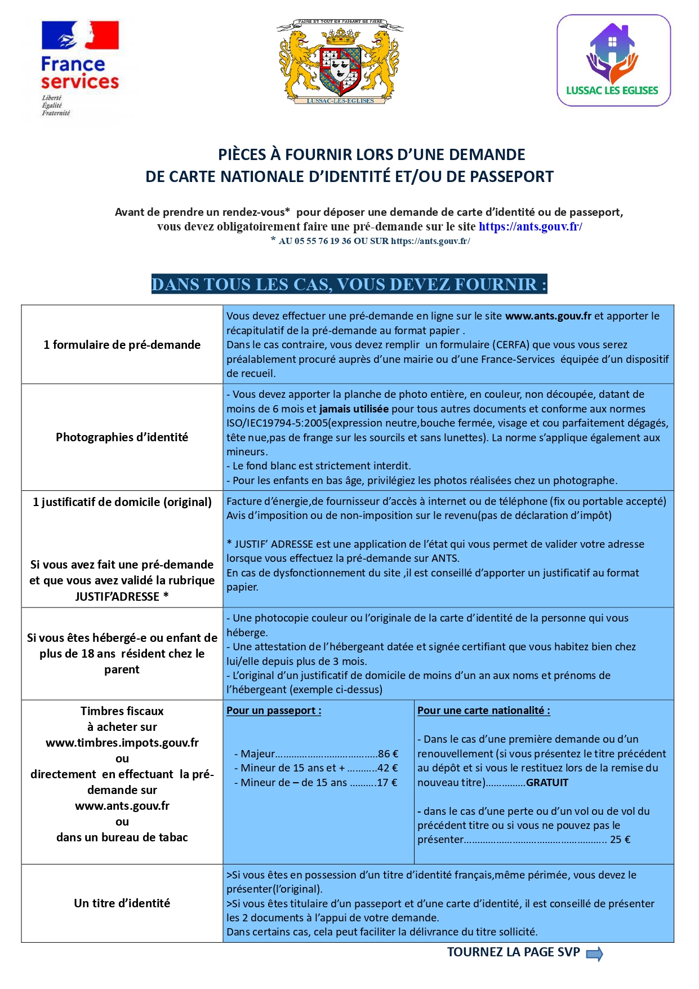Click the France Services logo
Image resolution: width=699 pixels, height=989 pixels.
tap(79, 68)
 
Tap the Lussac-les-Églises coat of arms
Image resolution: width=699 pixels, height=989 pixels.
tap(340, 62)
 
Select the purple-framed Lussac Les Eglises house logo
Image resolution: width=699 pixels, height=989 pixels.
tap(613, 60)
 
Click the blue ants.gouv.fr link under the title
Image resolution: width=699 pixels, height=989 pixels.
tap(530, 227)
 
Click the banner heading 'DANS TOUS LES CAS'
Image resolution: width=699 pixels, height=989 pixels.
tap(349, 284)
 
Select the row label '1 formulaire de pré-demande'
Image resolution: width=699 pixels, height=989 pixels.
tap(122, 345)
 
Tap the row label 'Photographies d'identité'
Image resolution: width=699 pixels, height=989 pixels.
tap(122, 437)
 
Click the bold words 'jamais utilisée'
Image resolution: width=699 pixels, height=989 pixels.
tap(354, 409)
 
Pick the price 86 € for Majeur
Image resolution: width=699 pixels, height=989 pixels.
tap(388, 754)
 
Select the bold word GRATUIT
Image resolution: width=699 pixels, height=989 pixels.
tap(547, 783)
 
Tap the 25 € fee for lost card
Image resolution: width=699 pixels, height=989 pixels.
tap(620, 840)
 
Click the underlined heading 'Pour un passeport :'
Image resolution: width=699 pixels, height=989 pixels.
tap(274, 711)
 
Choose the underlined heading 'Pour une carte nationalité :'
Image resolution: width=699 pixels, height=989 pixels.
tap(483, 711)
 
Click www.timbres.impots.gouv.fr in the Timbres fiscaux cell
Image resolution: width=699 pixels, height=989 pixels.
tap(122, 743)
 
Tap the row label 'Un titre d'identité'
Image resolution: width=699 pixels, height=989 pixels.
tap(122, 903)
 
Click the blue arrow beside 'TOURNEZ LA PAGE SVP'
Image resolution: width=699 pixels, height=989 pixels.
tap(594, 954)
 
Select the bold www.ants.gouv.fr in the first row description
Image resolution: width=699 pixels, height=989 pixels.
tap(548, 316)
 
